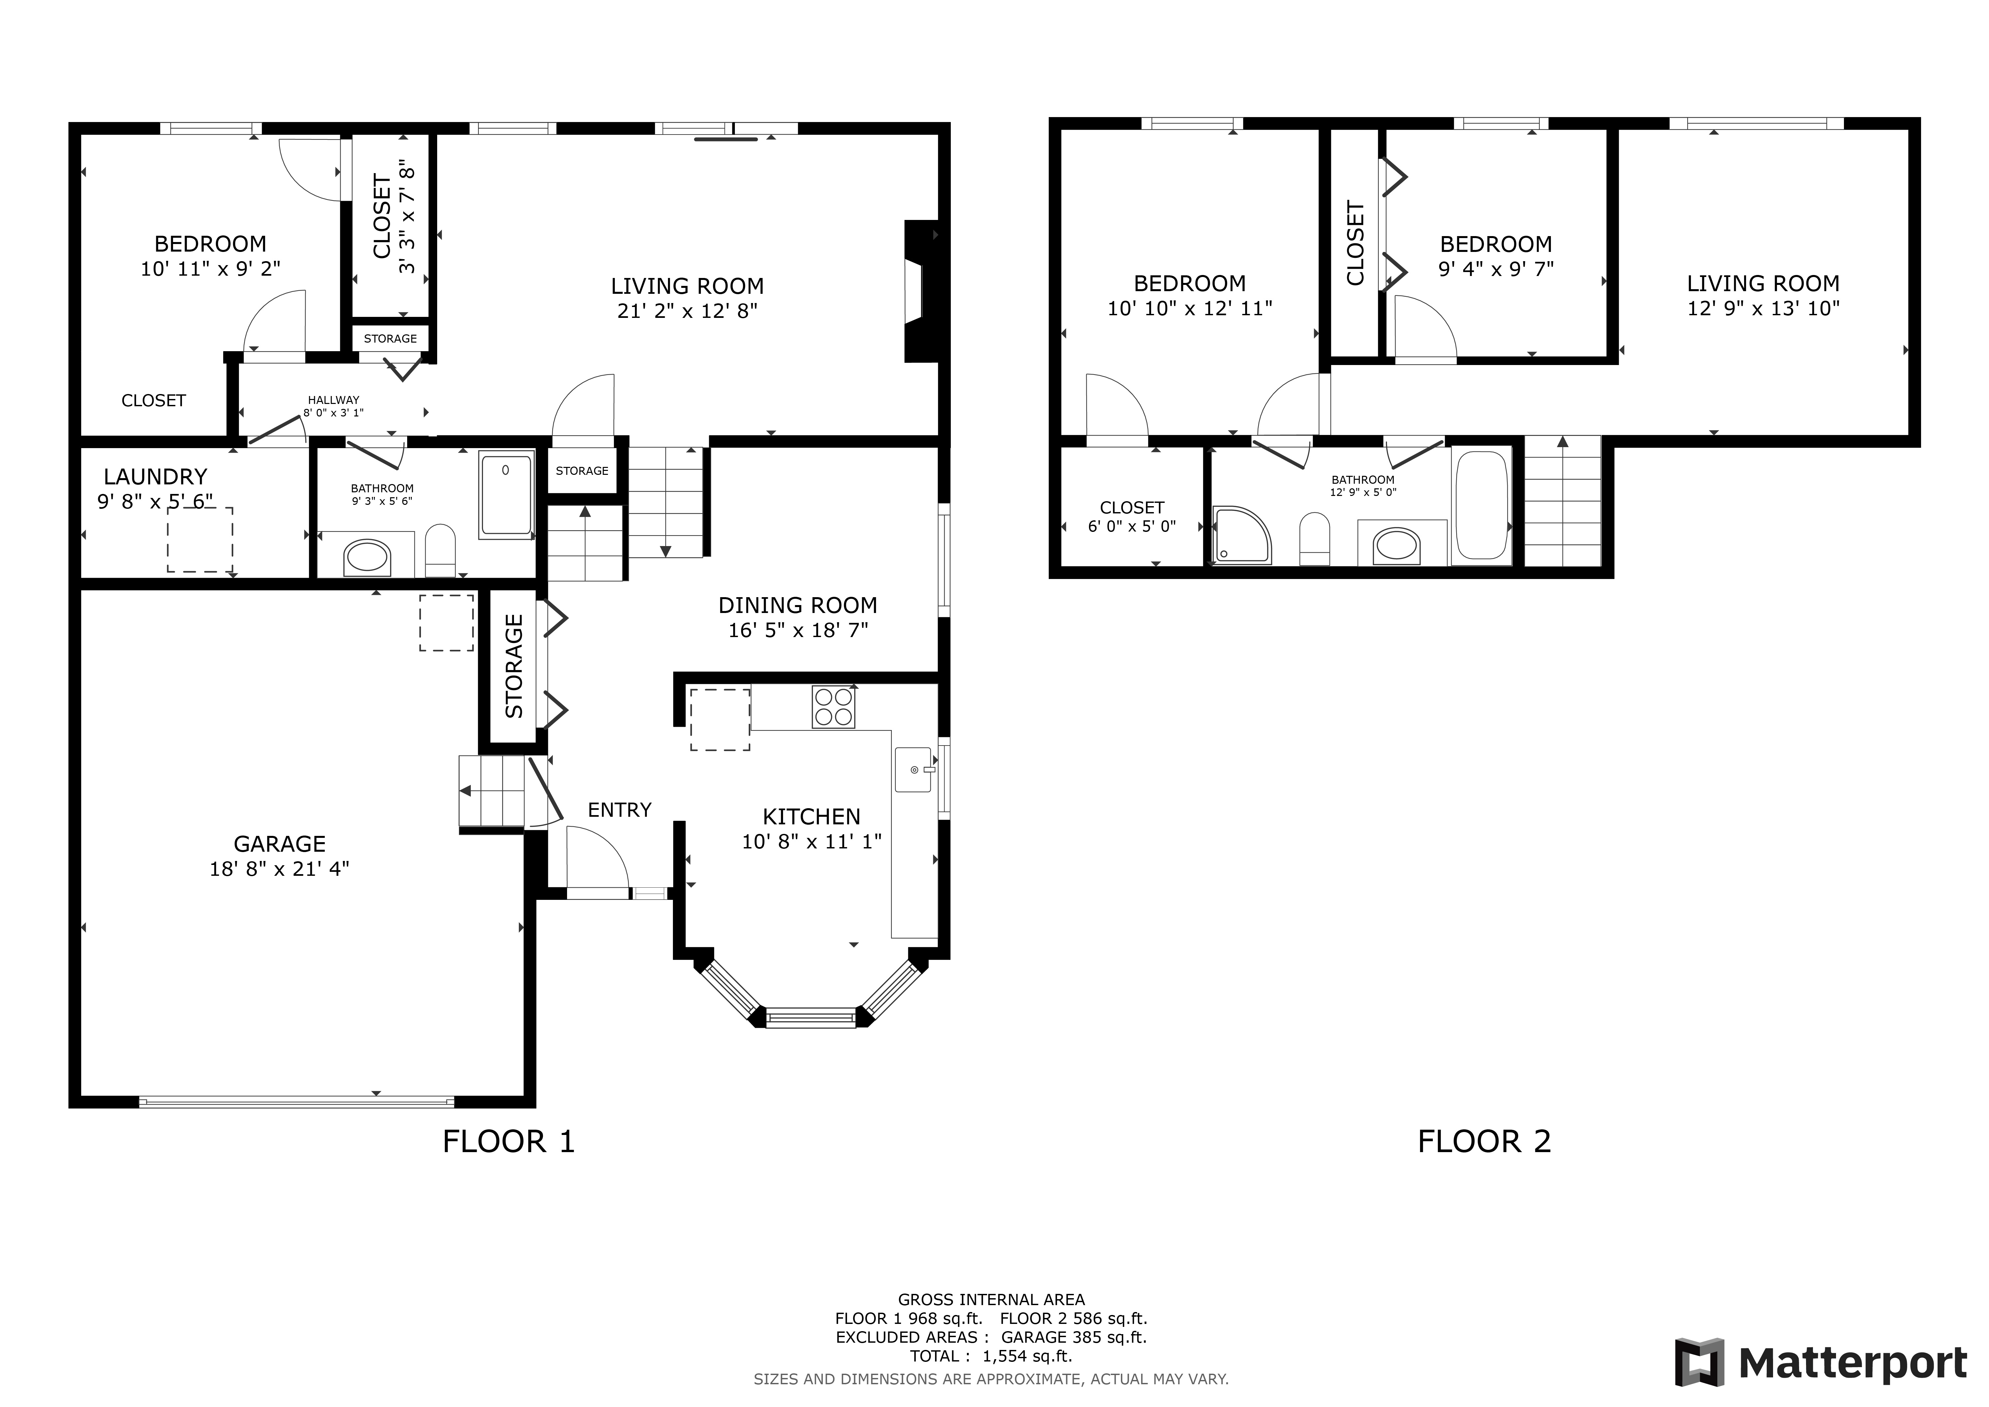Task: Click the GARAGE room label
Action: pos(280,844)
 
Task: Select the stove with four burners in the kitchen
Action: pos(833,706)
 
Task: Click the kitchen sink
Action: pos(913,769)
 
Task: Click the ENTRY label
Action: pos(619,810)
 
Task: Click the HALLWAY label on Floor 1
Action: pos(334,400)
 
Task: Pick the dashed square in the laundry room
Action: pos(200,540)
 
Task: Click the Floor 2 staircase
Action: pos(1562,501)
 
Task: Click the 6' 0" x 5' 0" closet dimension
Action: pos(1131,526)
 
